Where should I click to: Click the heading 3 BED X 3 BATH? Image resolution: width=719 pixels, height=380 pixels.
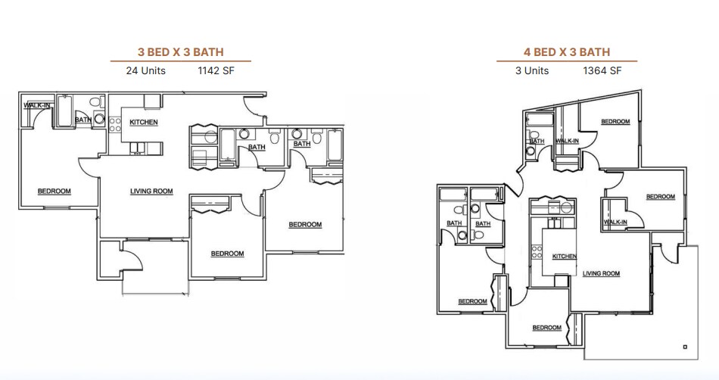180,52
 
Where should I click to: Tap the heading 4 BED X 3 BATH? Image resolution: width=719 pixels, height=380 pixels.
566,52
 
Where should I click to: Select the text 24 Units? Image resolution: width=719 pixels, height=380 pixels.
145,71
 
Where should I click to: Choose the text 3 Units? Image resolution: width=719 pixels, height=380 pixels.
531,71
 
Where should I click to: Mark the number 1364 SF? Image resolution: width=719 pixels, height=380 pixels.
602,71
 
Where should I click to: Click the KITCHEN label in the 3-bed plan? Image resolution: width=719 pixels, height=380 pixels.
144,123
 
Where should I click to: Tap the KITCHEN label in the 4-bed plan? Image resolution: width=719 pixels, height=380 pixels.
565,257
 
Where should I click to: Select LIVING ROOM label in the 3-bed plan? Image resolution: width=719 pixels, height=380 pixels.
151,192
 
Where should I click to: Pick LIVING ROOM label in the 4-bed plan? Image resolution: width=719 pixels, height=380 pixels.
602,273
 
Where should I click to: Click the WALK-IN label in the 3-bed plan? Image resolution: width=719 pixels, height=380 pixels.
36,105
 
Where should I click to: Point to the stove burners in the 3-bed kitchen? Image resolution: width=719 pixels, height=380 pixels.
115,124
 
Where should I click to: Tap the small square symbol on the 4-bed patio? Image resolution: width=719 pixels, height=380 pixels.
684,347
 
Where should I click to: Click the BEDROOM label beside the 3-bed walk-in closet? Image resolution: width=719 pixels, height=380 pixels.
54,191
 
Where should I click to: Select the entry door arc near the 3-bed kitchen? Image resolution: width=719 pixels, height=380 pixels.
252,108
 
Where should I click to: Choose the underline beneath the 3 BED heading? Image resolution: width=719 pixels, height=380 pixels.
180,61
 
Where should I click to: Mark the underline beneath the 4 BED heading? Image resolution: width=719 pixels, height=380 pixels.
566,61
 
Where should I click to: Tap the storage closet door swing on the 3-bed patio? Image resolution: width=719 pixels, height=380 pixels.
133,257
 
